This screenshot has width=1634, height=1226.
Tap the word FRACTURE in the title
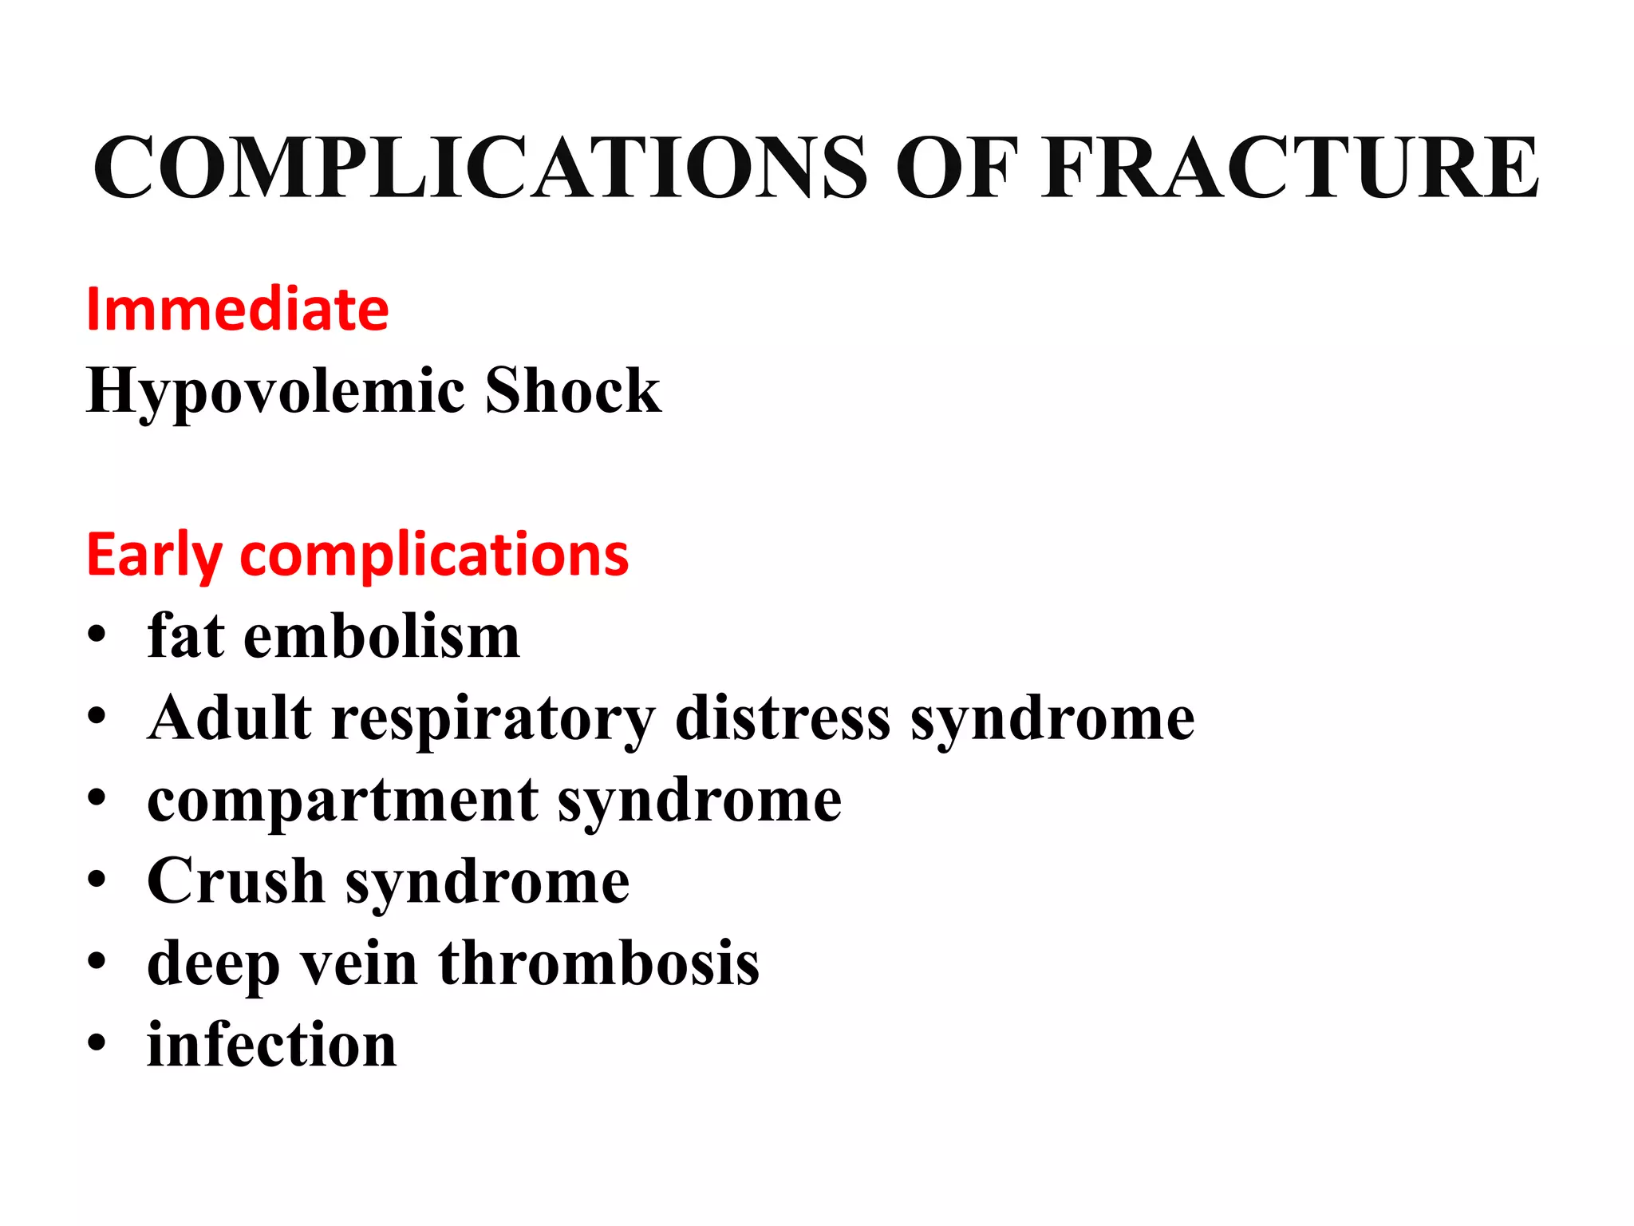(1290, 168)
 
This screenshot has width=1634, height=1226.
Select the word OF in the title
(957, 168)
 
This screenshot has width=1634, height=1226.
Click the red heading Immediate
(238, 310)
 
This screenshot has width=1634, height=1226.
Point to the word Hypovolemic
(275, 391)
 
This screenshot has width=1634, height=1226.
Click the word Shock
(573, 391)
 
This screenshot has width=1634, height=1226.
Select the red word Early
(154, 555)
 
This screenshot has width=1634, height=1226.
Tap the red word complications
(434, 555)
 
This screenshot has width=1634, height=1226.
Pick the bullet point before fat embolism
(97, 636)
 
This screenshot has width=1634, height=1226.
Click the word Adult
(229, 718)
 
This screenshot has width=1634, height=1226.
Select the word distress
(783, 718)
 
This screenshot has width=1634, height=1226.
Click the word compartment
(343, 801)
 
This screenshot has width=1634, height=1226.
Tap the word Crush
(235, 881)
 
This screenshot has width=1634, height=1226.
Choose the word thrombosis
(598, 963)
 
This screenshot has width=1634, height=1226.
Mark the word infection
(271, 1045)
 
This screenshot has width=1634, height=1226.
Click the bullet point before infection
(97, 1043)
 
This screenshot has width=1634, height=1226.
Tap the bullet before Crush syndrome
(97, 880)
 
